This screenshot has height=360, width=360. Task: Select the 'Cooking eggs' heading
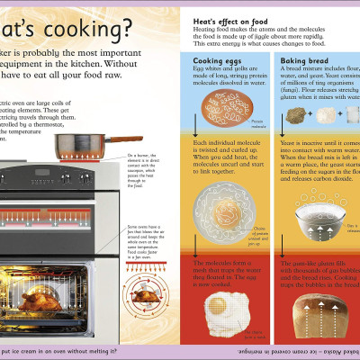click(x=216, y=61)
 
